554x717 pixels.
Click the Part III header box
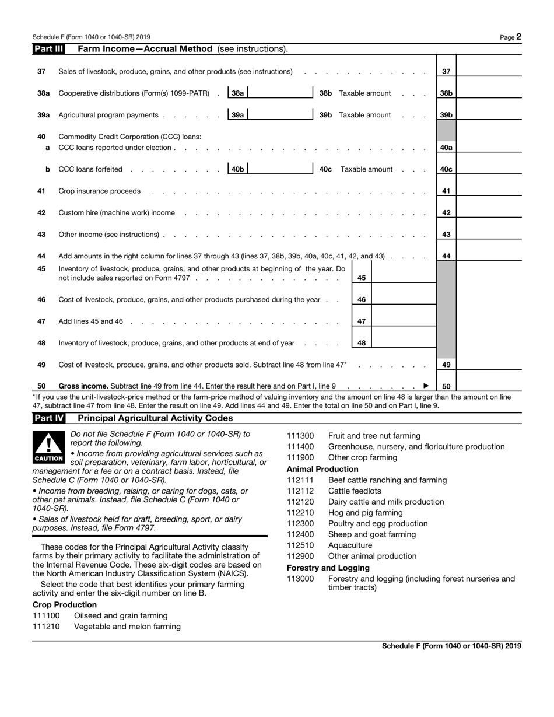[x=48, y=49]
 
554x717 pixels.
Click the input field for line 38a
[x=280, y=93]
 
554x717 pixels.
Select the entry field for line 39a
[x=280, y=115]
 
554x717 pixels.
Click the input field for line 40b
[x=280, y=169]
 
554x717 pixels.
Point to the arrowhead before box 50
[x=426, y=386]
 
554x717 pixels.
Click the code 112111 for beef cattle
[x=301, y=480]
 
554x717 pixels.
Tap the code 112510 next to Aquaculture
[x=301, y=545]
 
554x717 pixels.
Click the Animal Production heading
[x=322, y=469]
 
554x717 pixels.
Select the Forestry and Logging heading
[x=328, y=568]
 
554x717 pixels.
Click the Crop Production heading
[x=65, y=604]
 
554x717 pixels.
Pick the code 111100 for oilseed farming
[x=46, y=615]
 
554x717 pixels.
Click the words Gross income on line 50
[x=83, y=386]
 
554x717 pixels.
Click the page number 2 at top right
[x=518, y=37]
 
